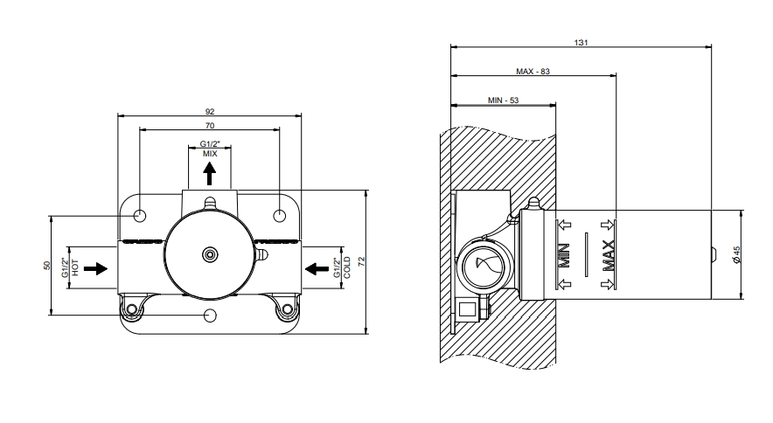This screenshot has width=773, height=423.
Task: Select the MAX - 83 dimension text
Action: pos(533,72)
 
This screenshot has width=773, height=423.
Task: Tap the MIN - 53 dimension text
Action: pos(503,101)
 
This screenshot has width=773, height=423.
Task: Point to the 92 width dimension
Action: pos(210,111)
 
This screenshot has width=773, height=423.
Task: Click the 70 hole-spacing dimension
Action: pos(210,126)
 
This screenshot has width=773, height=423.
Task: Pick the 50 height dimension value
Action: pos(48,266)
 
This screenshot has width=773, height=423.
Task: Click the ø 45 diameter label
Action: pos(737,254)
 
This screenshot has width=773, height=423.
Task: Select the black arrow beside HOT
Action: pos(101,268)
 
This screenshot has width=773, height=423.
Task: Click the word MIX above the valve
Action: pos(210,153)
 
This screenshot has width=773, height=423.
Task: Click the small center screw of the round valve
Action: pos(209,254)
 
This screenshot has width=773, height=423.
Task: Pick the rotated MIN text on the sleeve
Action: pos(564,255)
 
